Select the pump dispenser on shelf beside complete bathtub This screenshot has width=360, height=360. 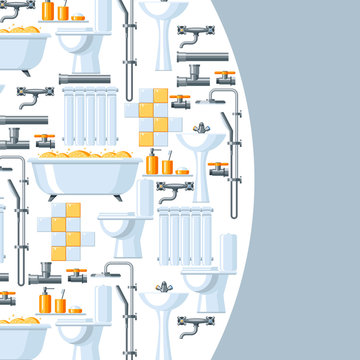click(153, 161)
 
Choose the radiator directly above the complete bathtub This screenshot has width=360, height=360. click(87, 112)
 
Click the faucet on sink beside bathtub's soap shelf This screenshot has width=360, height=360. click(201, 129)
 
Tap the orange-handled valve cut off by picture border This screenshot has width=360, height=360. click(6, 297)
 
